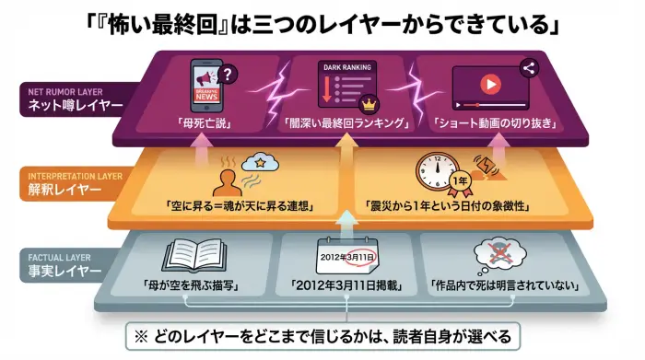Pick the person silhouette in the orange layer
click(224, 179)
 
